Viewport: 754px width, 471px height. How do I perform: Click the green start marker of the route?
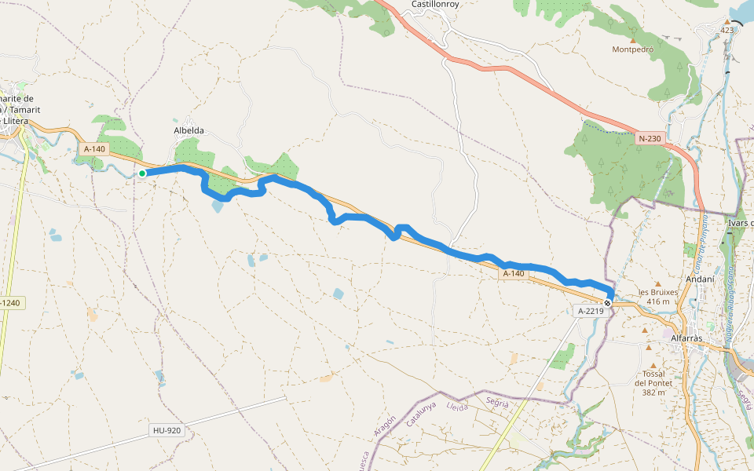click(x=142, y=173)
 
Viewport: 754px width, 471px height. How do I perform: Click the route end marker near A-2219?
click(x=607, y=302)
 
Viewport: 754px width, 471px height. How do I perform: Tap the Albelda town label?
click(x=188, y=130)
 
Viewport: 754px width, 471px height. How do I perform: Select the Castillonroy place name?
click(x=436, y=4)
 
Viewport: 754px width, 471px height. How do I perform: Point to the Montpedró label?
click(x=633, y=49)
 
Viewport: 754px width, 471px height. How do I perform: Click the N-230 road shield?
click(x=650, y=139)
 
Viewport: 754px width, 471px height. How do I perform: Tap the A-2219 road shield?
click(x=591, y=311)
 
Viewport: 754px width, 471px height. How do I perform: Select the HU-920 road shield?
click(x=167, y=430)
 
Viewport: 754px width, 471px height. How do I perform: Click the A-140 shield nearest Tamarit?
click(x=93, y=148)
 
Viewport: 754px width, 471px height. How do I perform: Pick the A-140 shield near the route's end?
click(x=513, y=273)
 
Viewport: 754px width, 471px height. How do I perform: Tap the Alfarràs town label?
click(x=691, y=338)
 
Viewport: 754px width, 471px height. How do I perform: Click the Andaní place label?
click(x=699, y=278)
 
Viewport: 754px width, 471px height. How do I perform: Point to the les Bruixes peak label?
click(x=658, y=296)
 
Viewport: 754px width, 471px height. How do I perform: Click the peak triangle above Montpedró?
click(x=633, y=39)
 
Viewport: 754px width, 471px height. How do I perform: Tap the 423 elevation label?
click(x=727, y=31)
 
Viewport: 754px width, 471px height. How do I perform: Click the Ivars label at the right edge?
click(x=740, y=223)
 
